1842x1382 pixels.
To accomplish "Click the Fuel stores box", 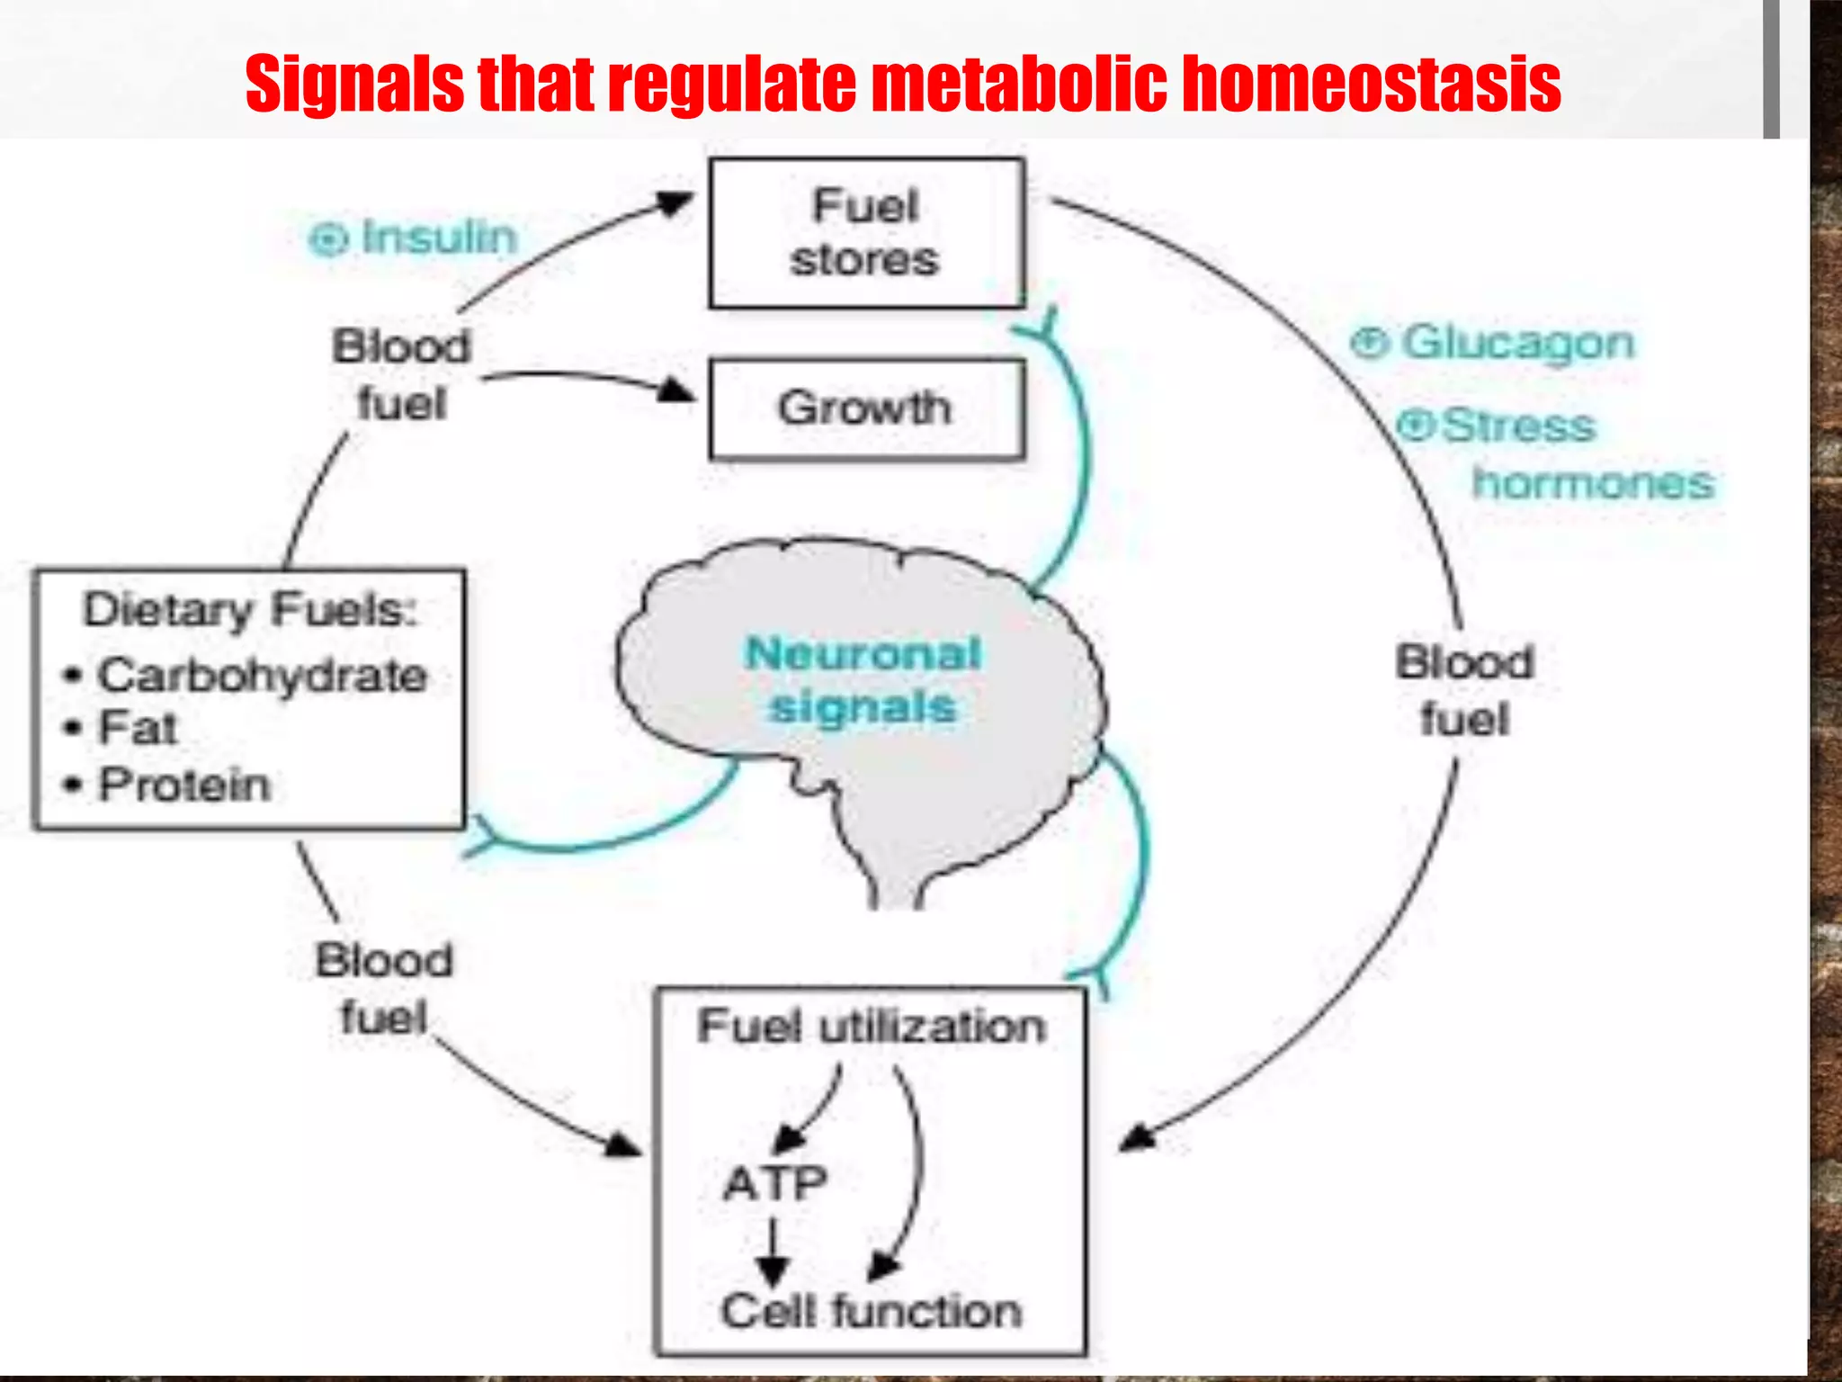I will [x=866, y=234].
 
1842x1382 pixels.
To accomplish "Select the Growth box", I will [x=866, y=409].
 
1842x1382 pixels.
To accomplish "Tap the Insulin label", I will [x=439, y=238].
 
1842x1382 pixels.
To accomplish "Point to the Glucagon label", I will [x=1517, y=344].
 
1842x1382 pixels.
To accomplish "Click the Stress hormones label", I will [x=1556, y=454].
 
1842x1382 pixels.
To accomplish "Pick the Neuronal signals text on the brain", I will [x=863, y=680].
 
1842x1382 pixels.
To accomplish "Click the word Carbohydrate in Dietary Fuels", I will [x=262, y=676].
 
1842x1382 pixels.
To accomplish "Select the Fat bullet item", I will [x=137, y=728].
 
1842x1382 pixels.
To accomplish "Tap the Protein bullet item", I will [x=184, y=785].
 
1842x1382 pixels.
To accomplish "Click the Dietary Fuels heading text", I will [x=250, y=610].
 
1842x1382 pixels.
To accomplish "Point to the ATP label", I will [x=775, y=1184].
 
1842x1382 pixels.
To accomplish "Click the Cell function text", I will [x=871, y=1312].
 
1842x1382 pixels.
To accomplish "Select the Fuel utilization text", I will [x=871, y=1027].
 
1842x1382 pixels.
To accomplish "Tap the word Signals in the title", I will [x=355, y=85].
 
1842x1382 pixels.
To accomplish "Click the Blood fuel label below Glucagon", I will [x=1464, y=691].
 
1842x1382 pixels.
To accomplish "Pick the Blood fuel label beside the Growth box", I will [x=401, y=374].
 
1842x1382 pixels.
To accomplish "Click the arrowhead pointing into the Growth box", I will [x=676, y=390].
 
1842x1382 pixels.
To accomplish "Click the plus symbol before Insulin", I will [x=328, y=239].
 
